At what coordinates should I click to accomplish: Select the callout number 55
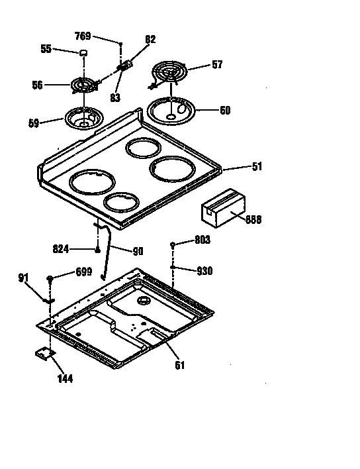tap(46, 49)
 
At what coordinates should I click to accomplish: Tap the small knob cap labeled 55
tap(84, 52)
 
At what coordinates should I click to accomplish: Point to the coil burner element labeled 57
tap(170, 70)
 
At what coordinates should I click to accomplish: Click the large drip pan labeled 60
tap(171, 110)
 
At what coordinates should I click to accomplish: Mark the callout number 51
tap(256, 166)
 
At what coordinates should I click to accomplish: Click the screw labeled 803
tap(173, 245)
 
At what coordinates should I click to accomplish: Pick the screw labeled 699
tap(51, 278)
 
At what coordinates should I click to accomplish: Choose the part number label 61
tap(179, 364)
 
